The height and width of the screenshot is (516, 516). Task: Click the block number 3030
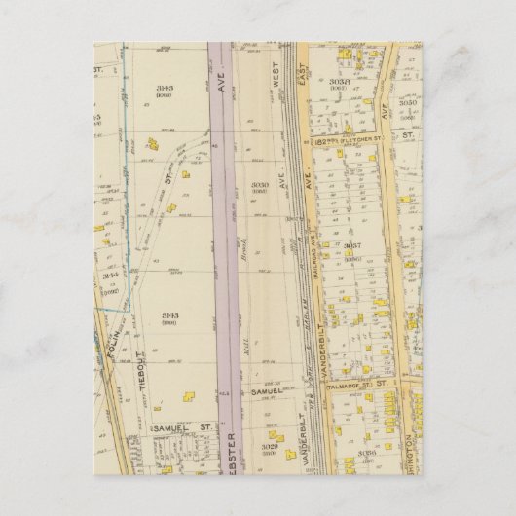pyautogui.click(x=259, y=184)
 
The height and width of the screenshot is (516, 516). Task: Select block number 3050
pyautogui.click(x=408, y=101)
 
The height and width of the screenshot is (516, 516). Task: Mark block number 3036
pyautogui.click(x=367, y=452)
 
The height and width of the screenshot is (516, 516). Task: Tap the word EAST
pyautogui.click(x=302, y=92)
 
